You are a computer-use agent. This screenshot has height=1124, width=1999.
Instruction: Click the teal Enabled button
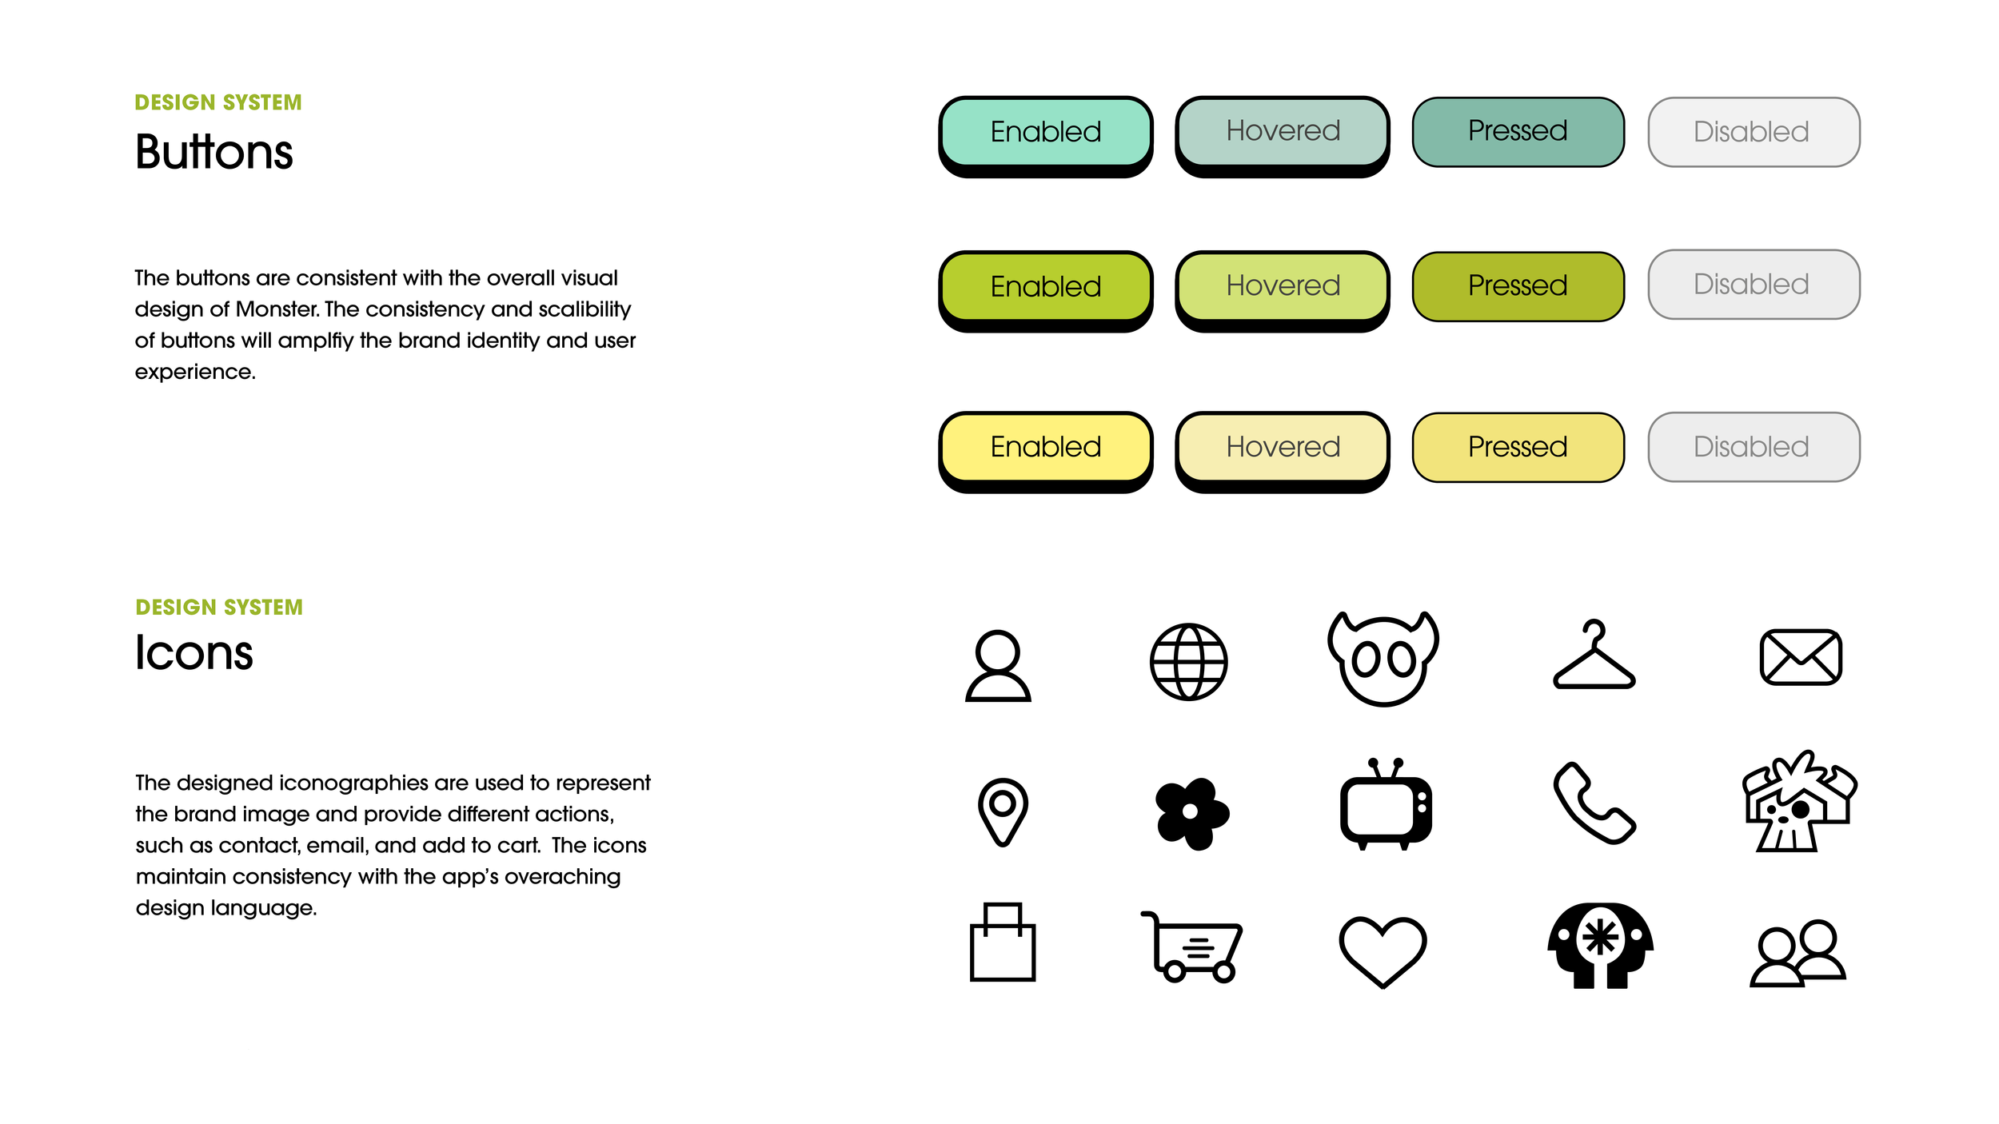tap(1045, 132)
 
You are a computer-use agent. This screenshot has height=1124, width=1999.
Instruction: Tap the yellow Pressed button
tap(1517, 447)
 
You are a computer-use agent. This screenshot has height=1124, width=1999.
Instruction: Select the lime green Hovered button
tap(1282, 286)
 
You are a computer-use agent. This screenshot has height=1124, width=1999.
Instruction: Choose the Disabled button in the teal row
tap(1753, 132)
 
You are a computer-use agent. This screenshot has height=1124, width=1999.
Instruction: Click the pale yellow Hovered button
tap(1282, 447)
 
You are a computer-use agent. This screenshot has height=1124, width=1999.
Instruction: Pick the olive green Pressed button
tap(1517, 286)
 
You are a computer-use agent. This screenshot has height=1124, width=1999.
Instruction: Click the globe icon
tap(1188, 662)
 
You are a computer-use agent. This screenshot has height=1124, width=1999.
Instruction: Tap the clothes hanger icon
tap(1594, 657)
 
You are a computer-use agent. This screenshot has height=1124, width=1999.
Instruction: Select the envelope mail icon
tap(1800, 657)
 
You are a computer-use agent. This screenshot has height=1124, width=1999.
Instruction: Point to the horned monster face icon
tap(1383, 660)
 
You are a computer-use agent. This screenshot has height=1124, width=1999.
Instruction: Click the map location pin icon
tap(1002, 811)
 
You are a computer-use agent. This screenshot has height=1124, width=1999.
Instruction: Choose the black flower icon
tap(1191, 812)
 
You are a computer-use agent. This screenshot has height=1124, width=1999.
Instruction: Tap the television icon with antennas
tap(1385, 807)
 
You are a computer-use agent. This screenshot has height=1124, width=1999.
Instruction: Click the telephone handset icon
tap(1594, 804)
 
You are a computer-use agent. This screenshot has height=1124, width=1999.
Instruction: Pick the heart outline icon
tap(1383, 950)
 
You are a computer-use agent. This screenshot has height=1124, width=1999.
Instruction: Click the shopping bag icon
tap(1002, 943)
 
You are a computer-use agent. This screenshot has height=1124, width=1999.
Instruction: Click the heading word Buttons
tap(214, 152)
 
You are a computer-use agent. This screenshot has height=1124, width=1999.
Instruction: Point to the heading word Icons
tap(194, 653)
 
